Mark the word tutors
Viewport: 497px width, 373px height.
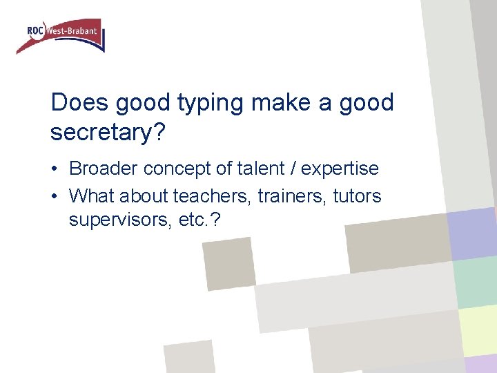click(x=357, y=196)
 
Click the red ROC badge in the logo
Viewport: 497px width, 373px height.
click(x=36, y=30)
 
